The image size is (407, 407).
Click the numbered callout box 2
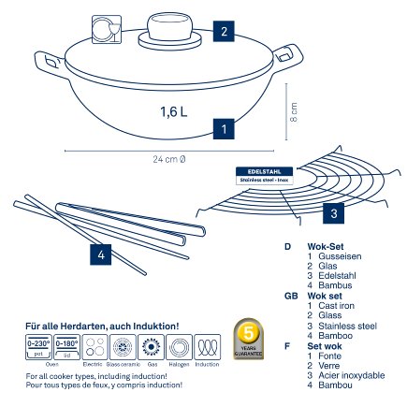point(221,30)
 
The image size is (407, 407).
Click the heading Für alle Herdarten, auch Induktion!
point(103,325)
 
